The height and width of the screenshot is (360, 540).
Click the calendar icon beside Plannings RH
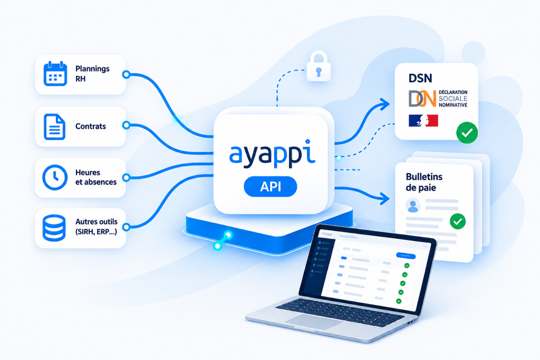pyautogui.click(x=55, y=73)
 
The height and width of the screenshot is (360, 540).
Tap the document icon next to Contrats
pyautogui.click(x=54, y=127)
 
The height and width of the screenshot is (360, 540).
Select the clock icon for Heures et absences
pyautogui.click(x=55, y=177)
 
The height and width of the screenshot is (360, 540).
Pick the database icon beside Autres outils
pyautogui.click(x=54, y=228)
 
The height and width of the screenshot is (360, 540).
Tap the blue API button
pyautogui.click(x=271, y=187)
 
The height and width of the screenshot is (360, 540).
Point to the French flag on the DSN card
pyautogui.click(x=423, y=121)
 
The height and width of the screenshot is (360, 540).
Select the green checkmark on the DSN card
pyautogui.click(x=467, y=132)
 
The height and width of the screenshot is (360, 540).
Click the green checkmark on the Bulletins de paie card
pyautogui.click(x=458, y=221)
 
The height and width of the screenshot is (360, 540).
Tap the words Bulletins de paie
pyautogui.click(x=424, y=182)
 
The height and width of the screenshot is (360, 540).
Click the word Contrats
pyautogui.click(x=91, y=127)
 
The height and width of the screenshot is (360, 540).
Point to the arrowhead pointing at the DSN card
pyautogui.click(x=384, y=104)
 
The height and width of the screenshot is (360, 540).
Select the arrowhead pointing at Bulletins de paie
pyautogui.click(x=384, y=198)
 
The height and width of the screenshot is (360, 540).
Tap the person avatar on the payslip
pyautogui.click(x=413, y=206)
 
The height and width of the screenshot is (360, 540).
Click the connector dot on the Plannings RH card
pyautogui.click(x=126, y=74)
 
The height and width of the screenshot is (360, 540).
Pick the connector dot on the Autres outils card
pyautogui.click(x=126, y=227)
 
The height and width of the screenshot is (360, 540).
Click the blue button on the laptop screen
pyautogui.click(x=406, y=255)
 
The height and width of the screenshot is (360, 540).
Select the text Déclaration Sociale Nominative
pyautogui.click(x=453, y=99)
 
